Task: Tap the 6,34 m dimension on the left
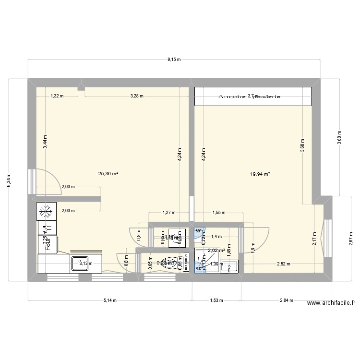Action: pyautogui.click(x=9, y=180)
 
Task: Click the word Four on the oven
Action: pyautogui.click(x=48, y=244)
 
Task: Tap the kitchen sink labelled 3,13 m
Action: pyautogui.click(x=80, y=263)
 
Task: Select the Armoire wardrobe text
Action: pyautogui.click(x=231, y=96)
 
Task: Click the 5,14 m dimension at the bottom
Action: pyautogui.click(x=110, y=300)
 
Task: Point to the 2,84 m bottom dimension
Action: pyautogui.click(x=287, y=300)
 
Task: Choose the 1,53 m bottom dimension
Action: pyautogui.click(x=216, y=300)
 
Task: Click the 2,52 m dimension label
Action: pyautogui.click(x=284, y=263)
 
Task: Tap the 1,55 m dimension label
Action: pyautogui.click(x=218, y=212)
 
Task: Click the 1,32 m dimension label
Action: pyautogui.click(x=57, y=96)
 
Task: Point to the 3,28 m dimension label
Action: pyautogui.click(x=136, y=96)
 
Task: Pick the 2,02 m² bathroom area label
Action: pyautogui.click(x=216, y=250)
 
